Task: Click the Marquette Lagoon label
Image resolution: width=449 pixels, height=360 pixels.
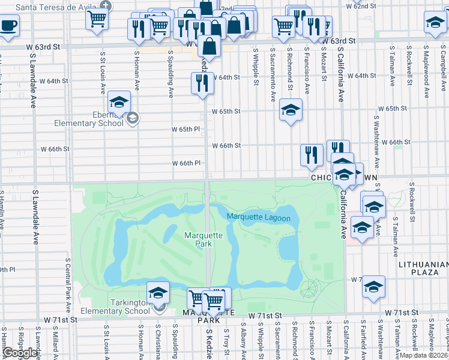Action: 258,218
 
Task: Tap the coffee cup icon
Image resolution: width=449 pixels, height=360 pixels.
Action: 8,26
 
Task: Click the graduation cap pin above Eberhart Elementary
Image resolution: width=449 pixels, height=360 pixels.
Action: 119,103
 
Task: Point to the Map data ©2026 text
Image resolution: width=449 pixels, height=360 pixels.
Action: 424,355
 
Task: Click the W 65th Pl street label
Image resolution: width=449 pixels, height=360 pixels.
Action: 185,129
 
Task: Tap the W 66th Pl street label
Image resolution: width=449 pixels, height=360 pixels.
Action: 185,163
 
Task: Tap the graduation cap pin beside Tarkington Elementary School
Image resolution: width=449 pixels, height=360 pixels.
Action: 158,292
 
